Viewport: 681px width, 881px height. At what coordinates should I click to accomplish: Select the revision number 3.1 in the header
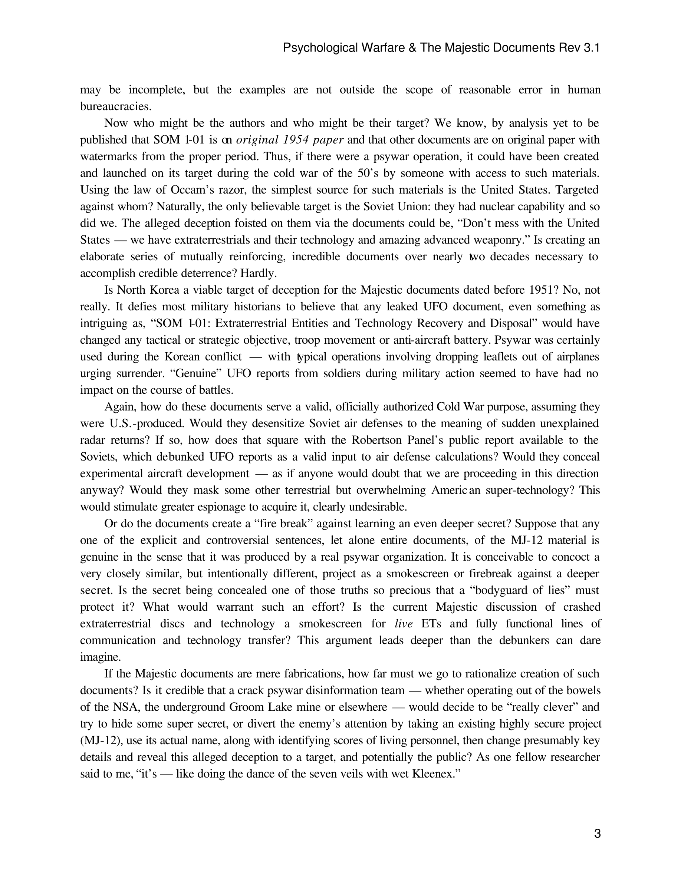pyautogui.click(x=592, y=48)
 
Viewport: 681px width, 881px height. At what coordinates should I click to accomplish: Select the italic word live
pyautogui.click(x=404, y=624)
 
